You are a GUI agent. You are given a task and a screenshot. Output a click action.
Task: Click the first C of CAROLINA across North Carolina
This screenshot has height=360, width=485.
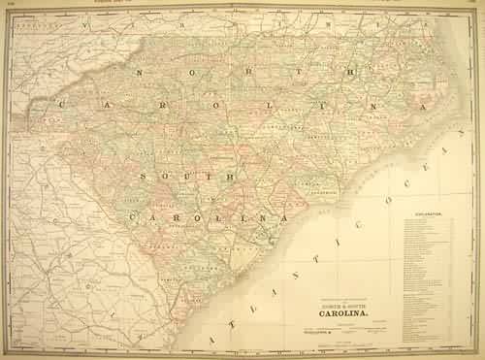coord(64,106)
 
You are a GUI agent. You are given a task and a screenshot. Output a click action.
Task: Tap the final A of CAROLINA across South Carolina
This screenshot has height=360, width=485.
coord(285,218)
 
